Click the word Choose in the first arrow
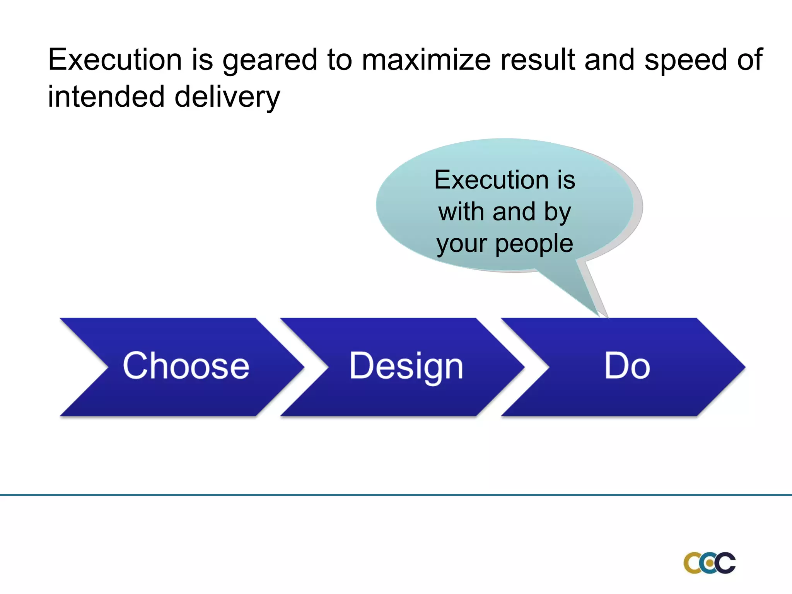(x=186, y=366)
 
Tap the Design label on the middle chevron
(x=406, y=366)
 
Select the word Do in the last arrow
(x=627, y=366)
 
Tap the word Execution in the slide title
(x=115, y=60)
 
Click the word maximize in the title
(x=426, y=60)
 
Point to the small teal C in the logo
(x=708, y=563)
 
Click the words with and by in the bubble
(x=505, y=212)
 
